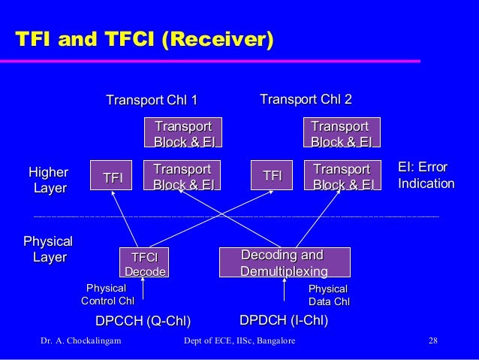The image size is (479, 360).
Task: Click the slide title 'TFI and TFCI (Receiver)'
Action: coord(140,38)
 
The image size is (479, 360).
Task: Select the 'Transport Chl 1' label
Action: coord(152,101)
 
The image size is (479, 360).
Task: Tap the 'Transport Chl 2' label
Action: coord(306,100)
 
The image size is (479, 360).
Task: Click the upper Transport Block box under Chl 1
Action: coord(183,133)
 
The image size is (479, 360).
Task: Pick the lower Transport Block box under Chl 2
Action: coord(342,176)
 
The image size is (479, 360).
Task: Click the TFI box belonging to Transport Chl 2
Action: coord(272,175)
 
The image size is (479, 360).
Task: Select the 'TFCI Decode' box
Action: coord(144,263)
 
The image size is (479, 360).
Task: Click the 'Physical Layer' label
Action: coord(48,250)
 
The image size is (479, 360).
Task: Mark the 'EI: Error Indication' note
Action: coord(426,176)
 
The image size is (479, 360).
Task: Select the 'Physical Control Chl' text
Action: coord(107,295)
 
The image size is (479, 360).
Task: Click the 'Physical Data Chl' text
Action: coord(328,295)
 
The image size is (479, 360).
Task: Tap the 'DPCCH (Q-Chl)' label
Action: coord(143,322)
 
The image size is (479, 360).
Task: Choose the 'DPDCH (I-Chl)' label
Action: coord(285,321)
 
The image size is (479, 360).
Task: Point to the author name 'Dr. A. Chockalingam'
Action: coord(83,343)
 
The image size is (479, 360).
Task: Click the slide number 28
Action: coord(432,343)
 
